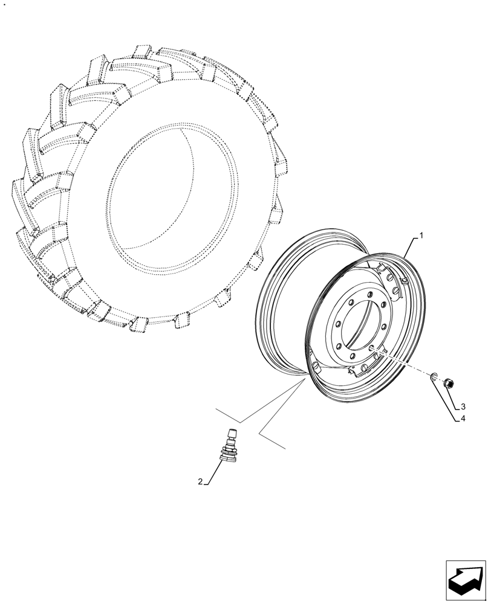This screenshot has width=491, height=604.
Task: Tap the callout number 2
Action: [x=199, y=481]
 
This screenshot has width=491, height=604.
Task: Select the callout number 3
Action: [x=463, y=406]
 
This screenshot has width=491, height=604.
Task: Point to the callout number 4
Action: [x=463, y=417]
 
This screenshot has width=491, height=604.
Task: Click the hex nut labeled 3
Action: [x=449, y=382]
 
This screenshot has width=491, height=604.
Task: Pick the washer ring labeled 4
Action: [x=434, y=377]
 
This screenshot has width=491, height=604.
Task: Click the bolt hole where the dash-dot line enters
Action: [x=372, y=349]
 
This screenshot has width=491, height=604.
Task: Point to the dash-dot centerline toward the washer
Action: [x=405, y=364]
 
